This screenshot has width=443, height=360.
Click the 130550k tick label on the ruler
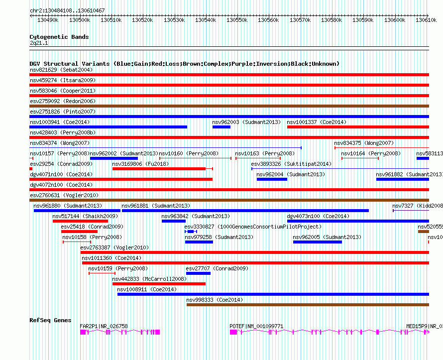(237, 20)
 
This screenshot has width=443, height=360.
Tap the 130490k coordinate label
(48, 20)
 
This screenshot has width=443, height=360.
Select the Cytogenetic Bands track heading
(59, 37)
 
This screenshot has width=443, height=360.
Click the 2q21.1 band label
(39, 43)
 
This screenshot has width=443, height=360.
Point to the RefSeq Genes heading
(50, 320)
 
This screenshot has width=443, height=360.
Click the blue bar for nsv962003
(221, 127)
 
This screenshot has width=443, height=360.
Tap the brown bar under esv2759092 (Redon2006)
(229, 106)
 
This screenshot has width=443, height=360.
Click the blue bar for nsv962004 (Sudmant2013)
(272, 179)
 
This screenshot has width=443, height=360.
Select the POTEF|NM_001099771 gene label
(256, 326)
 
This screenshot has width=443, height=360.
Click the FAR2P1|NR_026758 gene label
(104, 326)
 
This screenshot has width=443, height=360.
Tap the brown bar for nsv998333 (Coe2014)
(308, 305)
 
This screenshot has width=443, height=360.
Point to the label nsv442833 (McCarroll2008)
(149, 279)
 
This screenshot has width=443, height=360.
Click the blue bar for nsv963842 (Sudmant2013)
(174, 221)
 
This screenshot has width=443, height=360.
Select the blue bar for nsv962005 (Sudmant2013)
(318, 242)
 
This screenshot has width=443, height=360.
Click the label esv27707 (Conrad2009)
(217, 269)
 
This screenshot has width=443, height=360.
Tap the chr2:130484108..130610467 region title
(67, 10)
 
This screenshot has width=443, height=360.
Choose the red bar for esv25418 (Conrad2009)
(79, 232)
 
